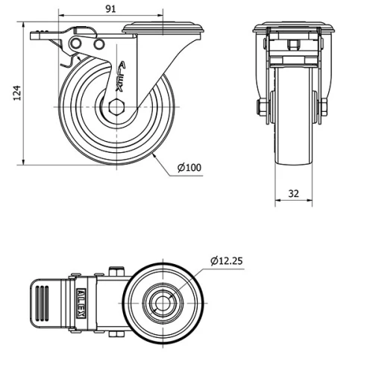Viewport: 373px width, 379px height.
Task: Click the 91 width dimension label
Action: coord(110,8)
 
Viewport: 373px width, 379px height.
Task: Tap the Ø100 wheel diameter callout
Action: coord(190,167)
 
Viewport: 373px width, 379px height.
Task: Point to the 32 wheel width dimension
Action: coord(293,192)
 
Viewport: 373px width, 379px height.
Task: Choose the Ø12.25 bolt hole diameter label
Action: coord(227,260)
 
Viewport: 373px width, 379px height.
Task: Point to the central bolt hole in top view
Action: coord(163,303)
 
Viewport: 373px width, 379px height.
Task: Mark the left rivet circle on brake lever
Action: coord(75,46)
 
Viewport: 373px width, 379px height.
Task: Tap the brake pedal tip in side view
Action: coord(37,34)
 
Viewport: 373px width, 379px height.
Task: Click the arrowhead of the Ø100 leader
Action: coord(154,157)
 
